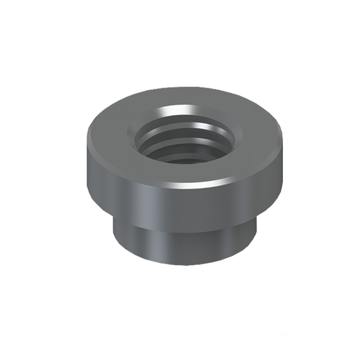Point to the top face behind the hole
coord(186,97)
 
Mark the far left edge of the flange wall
coord(88,169)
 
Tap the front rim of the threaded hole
coord(186,164)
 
